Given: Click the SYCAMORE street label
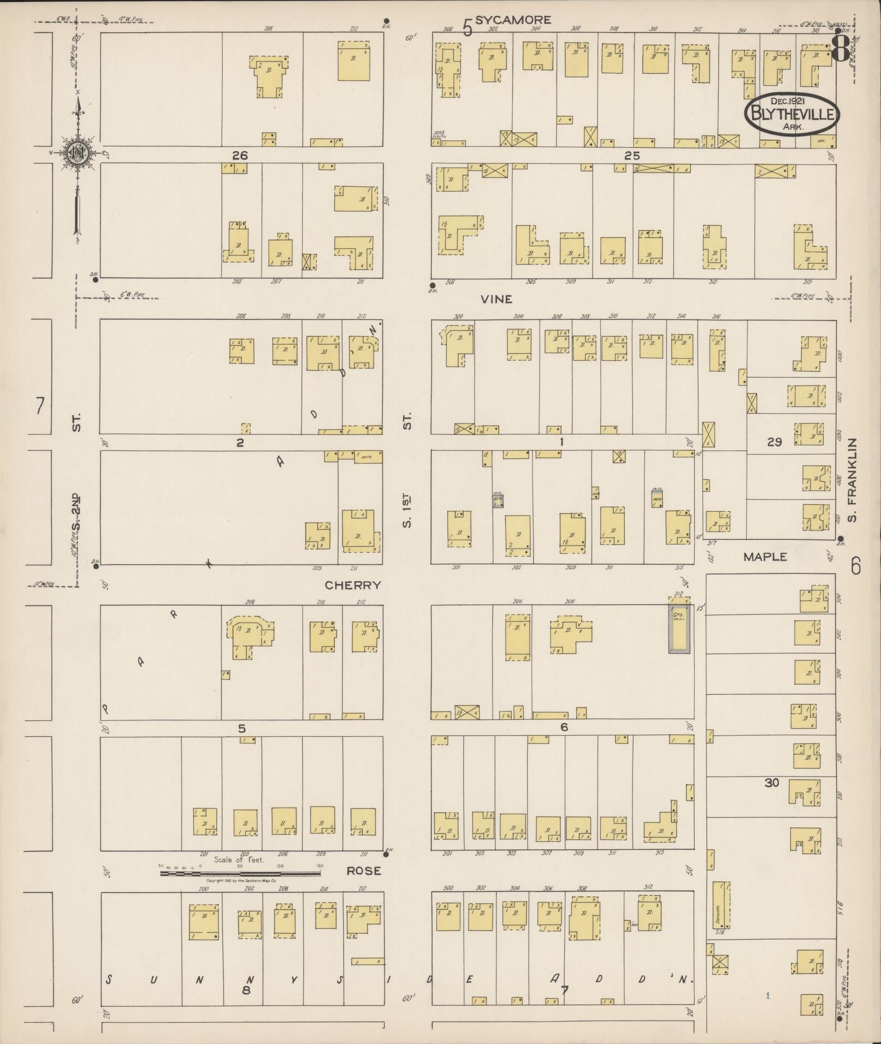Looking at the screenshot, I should pyautogui.click(x=512, y=20).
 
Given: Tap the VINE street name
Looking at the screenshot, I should pyautogui.click(x=496, y=299).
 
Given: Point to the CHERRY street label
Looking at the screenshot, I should pyautogui.click(x=352, y=585).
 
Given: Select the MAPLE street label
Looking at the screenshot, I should pyautogui.click(x=765, y=557).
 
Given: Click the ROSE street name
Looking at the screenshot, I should pyautogui.click(x=364, y=870).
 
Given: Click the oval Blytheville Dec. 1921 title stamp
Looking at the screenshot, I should pyautogui.click(x=791, y=114).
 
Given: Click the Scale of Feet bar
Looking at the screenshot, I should pyautogui.click(x=240, y=873).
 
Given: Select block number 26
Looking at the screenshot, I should pyautogui.click(x=240, y=156).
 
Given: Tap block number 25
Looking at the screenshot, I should pyautogui.click(x=631, y=156).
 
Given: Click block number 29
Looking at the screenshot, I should pyautogui.click(x=774, y=442).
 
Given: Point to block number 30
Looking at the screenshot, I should pyautogui.click(x=771, y=783).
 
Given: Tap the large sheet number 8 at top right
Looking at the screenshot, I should pyautogui.click(x=841, y=49).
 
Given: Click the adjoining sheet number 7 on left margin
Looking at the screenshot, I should pyautogui.click(x=39, y=407).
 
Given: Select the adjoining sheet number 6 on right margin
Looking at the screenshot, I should pyautogui.click(x=855, y=566).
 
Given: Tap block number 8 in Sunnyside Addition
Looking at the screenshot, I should pyautogui.click(x=246, y=989).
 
